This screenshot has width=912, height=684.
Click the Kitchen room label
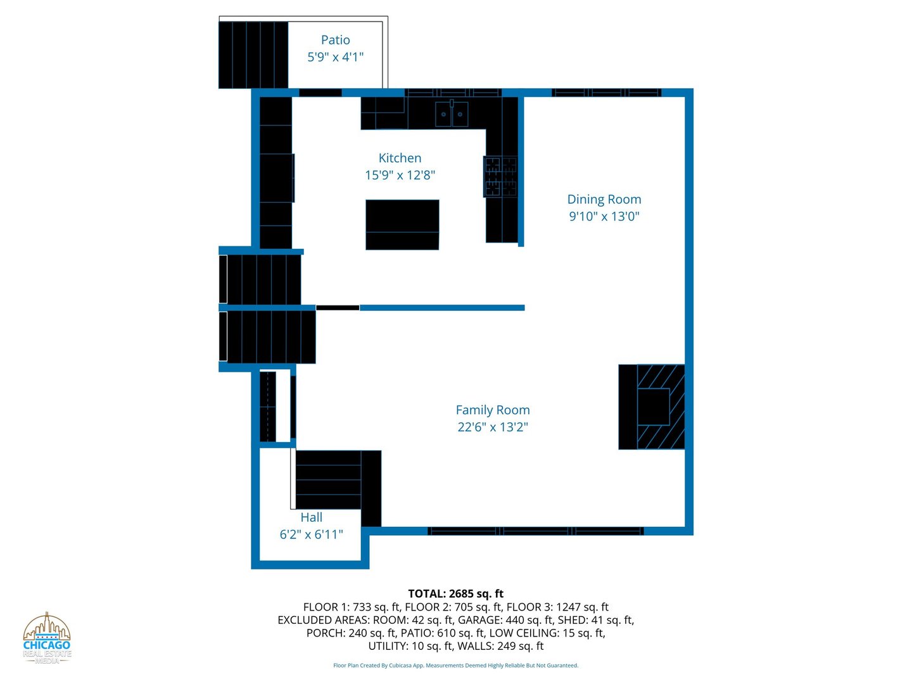[400, 158]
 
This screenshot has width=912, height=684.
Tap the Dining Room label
[604, 199]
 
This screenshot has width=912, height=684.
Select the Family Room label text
[493, 410]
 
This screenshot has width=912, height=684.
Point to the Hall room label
[311, 517]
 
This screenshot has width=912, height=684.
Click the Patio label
[335, 41]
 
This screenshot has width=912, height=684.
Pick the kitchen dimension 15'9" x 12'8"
[400, 175]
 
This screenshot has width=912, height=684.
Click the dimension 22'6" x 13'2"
[493, 427]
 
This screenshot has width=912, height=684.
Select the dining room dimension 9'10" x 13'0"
[604, 217]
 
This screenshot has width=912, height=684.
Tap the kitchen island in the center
[402, 225]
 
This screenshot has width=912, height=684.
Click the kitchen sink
[452, 114]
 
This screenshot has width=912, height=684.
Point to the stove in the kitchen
[501, 177]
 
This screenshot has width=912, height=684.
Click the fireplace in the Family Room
[652, 407]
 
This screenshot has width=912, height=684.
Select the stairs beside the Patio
[253, 55]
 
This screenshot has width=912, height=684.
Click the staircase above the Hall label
[329, 480]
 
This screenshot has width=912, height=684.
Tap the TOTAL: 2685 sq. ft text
[455, 593]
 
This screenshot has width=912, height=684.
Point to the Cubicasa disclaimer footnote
[455, 666]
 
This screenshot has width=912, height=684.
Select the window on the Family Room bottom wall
[535, 531]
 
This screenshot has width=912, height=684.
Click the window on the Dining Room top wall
[606, 92]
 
